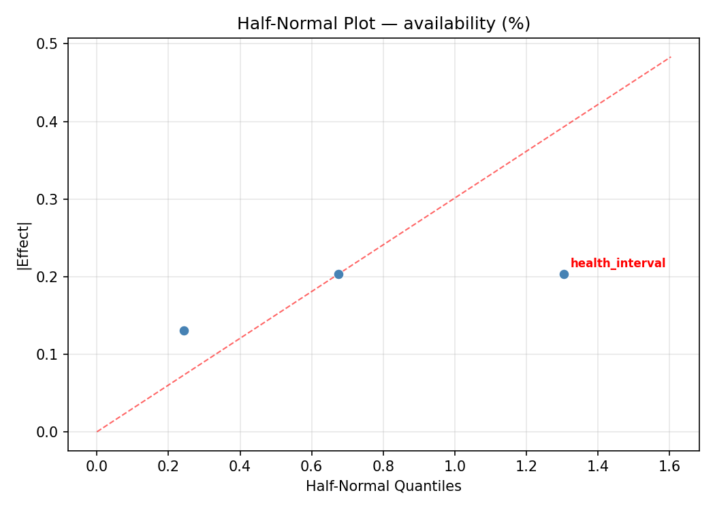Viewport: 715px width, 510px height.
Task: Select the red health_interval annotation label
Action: point(618,263)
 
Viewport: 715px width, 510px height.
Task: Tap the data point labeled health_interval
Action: point(564,274)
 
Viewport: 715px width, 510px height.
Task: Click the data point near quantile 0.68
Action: point(338,274)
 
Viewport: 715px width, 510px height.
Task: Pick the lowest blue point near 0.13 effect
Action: point(184,330)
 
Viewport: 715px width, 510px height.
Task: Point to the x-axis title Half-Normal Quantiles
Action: point(383,486)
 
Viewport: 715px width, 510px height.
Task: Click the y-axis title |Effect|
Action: point(25,245)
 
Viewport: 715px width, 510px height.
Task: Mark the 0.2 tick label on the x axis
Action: point(168,466)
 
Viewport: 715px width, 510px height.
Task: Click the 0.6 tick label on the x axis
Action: point(311,466)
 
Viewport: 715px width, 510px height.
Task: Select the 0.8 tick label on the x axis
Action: point(383,466)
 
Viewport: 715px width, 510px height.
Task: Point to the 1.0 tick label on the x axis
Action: point(454,466)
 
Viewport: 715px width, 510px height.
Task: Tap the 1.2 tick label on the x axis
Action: point(526,466)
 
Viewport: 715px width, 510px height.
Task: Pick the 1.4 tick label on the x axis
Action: point(597,466)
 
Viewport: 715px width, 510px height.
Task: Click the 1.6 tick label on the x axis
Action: point(669,466)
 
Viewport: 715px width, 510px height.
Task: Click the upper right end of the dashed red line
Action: point(671,56)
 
